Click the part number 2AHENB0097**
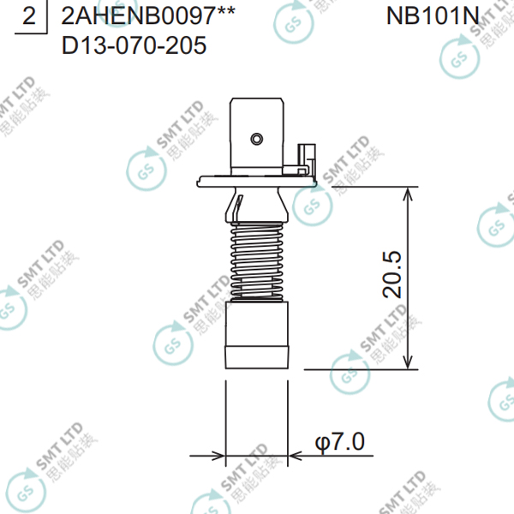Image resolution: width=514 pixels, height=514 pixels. tap(148, 15)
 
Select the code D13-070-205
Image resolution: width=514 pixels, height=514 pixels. tap(134, 45)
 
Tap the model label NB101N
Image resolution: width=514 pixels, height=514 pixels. tap(433, 15)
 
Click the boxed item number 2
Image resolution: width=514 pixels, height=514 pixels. tap(29, 15)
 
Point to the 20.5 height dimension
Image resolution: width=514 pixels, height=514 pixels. tap(392, 274)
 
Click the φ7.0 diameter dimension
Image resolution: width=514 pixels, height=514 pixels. tap(339, 442)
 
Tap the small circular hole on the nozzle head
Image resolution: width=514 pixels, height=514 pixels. tap(257, 139)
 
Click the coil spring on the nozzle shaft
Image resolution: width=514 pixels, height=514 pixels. tap(257, 261)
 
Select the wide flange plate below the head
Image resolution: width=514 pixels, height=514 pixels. tap(257, 182)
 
